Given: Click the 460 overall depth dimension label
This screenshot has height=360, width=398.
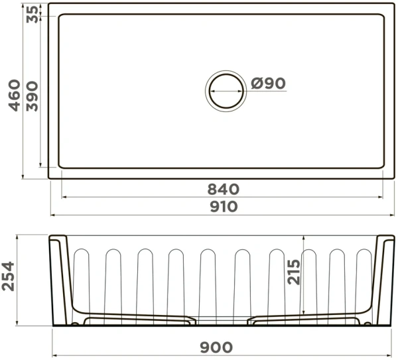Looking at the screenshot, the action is pos(14,95).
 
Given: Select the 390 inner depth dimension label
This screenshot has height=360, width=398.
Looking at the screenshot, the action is pos(33,96).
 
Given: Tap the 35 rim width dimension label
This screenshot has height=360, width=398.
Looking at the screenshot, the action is pos(33,14).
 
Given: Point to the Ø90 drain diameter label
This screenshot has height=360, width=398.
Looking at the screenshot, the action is pos(268,84).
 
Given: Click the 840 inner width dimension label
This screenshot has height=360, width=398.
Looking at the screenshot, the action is pos(224,189).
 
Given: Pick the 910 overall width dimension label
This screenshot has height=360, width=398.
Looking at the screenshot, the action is pos(224,206).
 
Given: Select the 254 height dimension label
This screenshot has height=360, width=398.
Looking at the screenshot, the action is pos(8,276).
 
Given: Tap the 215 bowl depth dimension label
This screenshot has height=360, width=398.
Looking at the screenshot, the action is pos(294,272).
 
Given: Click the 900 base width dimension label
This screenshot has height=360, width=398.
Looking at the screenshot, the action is pos(216,347).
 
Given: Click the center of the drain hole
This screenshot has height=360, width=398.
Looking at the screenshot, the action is pos(226,91).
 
